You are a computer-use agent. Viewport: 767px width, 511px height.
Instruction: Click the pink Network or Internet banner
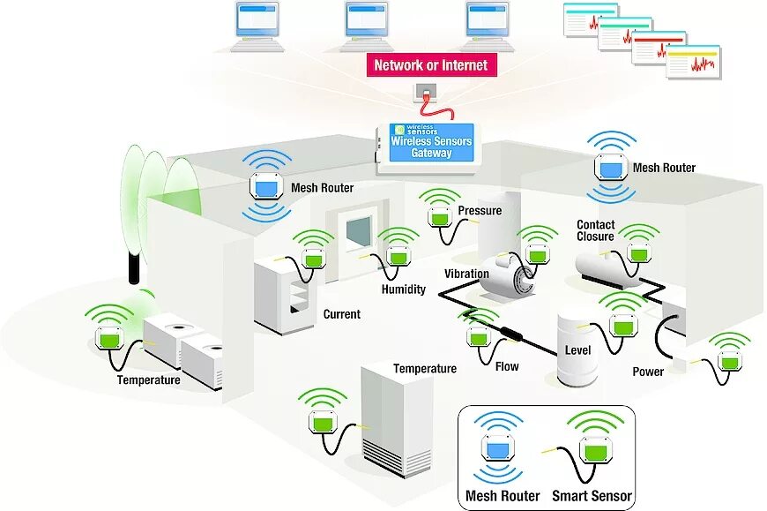point(430,64)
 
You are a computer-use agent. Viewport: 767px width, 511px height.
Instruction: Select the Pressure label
point(480,211)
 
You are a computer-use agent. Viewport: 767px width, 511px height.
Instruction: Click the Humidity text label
point(404,289)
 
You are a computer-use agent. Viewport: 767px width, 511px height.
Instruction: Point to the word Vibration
point(466,274)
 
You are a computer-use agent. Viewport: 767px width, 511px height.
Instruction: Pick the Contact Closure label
point(596,230)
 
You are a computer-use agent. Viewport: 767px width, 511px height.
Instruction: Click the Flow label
point(507,366)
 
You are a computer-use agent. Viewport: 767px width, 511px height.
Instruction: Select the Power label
point(648,372)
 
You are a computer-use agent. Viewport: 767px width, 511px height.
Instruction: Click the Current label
point(342,314)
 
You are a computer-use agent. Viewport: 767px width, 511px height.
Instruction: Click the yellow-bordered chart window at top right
point(693,64)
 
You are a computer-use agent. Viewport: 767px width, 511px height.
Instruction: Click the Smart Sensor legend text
point(592,496)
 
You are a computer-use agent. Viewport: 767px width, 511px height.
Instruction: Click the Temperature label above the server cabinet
point(425,369)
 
